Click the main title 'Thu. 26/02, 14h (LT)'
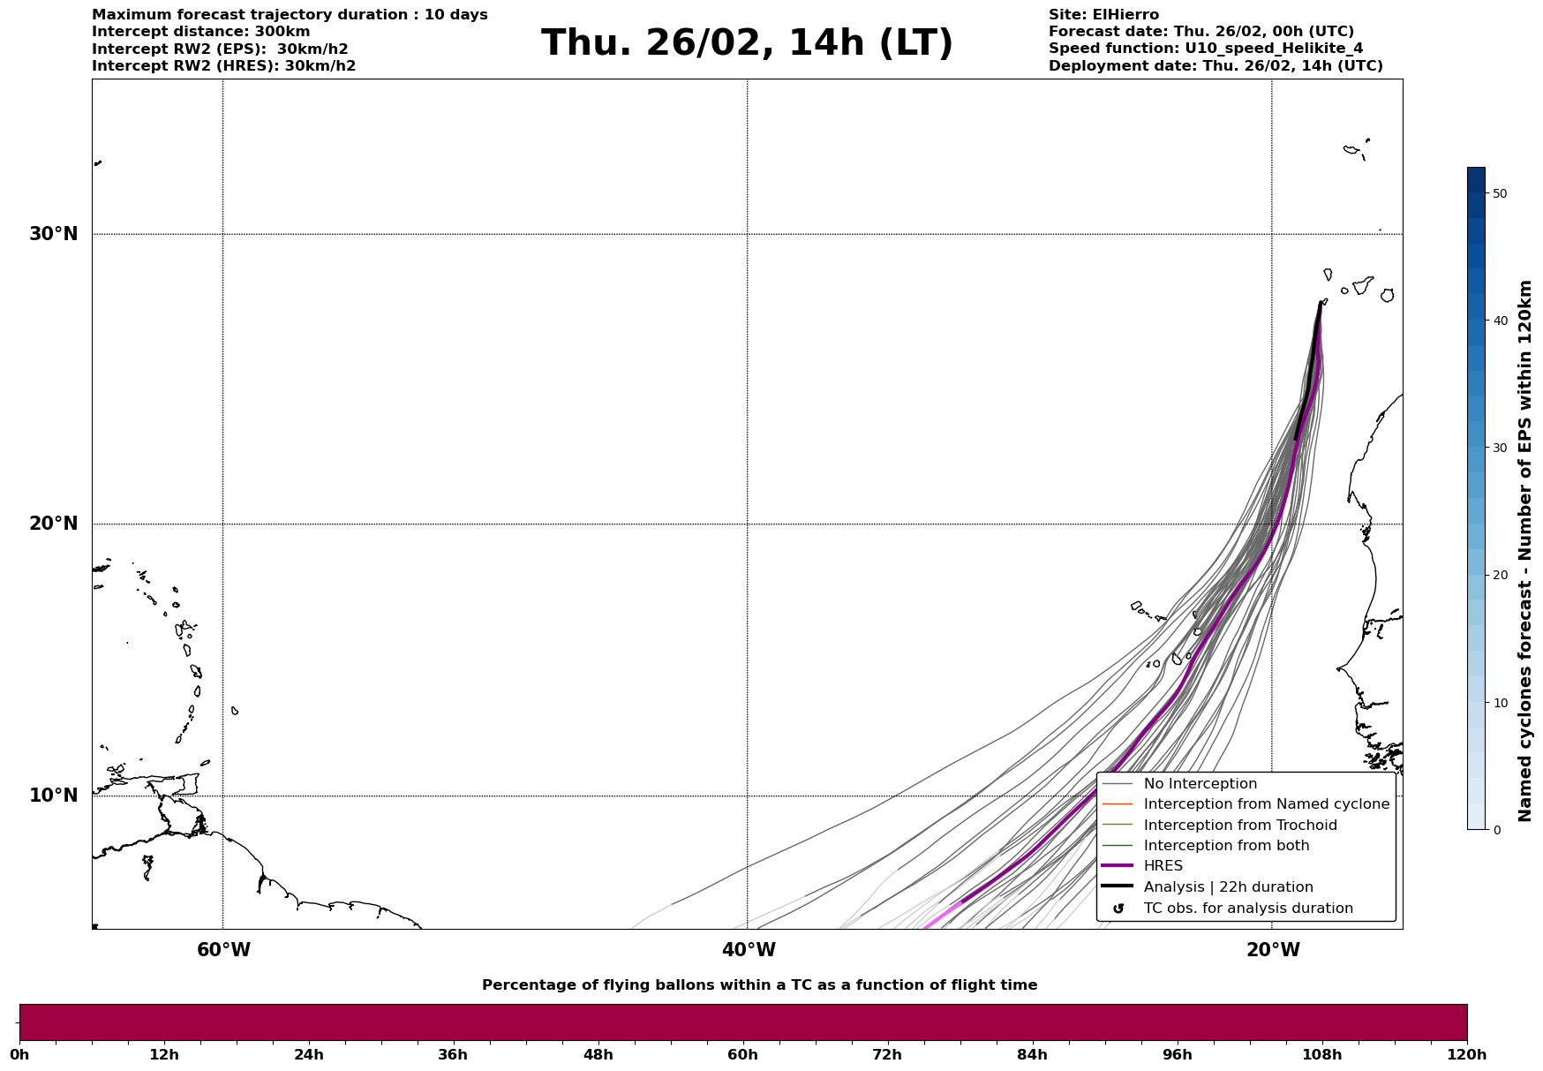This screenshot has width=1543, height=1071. pos(747,43)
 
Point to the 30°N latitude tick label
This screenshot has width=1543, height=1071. pos(53,234)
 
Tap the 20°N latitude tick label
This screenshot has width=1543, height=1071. pos(53,524)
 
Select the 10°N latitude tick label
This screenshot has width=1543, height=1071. pos(53,796)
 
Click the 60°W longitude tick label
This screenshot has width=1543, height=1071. pos(223,950)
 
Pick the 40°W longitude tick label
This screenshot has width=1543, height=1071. pos(749,950)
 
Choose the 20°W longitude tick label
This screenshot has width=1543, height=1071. pos(1273,950)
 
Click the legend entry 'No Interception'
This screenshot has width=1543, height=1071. pos(1200,784)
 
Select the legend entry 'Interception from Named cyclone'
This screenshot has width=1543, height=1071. pos(1266,804)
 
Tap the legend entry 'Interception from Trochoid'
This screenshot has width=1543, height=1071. pos(1239,826)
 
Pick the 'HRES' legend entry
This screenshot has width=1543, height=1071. pos(1163,866)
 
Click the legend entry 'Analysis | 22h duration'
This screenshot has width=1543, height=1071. pos(1228,887)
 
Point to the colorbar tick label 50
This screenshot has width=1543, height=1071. pos(1499,193)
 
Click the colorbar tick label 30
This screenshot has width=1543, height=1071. pos(1499,448)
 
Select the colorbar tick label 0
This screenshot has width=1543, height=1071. pos(1496,830)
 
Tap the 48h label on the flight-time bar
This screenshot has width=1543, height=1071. pos(598,1055)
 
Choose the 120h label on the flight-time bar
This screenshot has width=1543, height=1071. pos(1467,1055)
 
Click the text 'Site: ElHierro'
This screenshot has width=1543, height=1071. pos(1103,15)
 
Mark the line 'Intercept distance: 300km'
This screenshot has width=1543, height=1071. pos(201,32)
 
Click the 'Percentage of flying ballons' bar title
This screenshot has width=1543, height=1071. pos(759,985)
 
